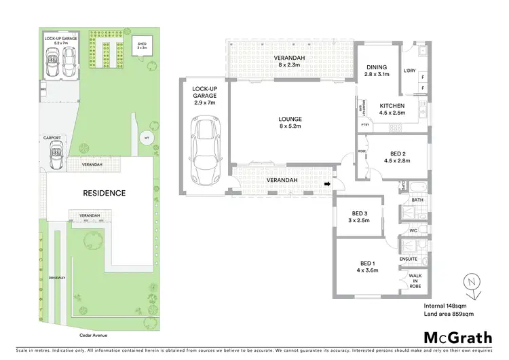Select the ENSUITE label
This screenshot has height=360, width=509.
(408, 259)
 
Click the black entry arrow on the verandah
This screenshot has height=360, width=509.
(327, 183)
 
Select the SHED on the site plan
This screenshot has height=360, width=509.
(143, 46)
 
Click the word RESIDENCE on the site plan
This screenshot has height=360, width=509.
(105, 193)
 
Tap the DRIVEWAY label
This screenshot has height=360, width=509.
(56, 278)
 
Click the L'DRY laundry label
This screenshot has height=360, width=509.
(409, 71)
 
